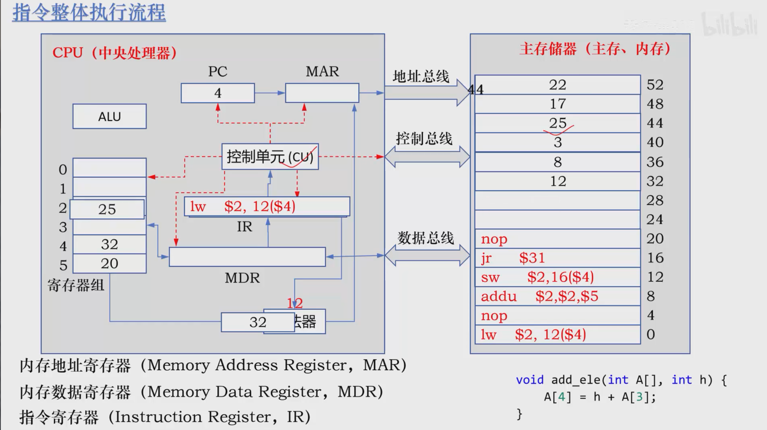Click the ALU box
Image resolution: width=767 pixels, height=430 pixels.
[109, 116]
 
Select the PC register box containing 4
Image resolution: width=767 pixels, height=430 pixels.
[218, 93]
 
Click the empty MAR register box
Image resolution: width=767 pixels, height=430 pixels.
[322, 93]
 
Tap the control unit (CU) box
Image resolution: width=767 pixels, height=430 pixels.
[270, 157]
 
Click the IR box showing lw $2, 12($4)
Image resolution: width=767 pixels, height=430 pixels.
[267, 207]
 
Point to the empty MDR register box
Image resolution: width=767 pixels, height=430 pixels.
[247, 257]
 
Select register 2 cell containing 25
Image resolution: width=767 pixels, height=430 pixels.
[107, 209]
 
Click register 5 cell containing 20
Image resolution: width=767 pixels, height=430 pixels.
[109, 263]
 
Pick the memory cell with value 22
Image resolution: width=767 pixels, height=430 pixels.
[558, 85]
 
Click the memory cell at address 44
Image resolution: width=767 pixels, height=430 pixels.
[558, 123]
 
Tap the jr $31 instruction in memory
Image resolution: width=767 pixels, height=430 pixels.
[558, 258]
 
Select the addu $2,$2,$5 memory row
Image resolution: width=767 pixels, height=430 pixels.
[558, 296]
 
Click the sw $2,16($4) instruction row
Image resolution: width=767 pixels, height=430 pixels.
[558, 277]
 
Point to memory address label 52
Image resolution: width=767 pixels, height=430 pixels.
[655, 85]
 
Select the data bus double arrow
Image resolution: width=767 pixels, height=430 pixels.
[427, 256]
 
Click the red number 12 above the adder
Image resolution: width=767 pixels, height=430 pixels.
[295, 303]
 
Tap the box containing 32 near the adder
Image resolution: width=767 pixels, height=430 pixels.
[258, 322]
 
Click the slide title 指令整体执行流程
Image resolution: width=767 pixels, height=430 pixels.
[89, 12]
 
